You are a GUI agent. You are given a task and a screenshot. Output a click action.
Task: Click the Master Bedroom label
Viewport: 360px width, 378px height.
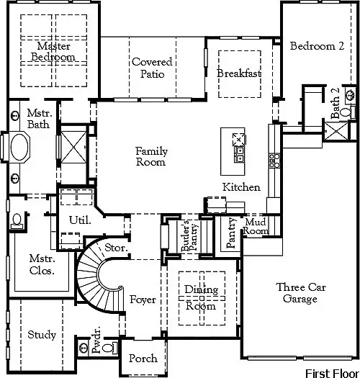pos(58,51)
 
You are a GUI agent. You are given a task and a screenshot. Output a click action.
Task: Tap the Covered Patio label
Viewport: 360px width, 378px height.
pos(152,68)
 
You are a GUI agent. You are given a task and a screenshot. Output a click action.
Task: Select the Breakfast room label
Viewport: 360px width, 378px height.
pos(238,73)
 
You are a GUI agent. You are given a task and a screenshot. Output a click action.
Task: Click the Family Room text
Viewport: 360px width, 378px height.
pos(152,156)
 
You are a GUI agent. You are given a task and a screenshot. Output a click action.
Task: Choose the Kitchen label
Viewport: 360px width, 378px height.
pos(240,187)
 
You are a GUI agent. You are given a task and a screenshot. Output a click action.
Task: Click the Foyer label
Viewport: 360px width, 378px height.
pos(143,300)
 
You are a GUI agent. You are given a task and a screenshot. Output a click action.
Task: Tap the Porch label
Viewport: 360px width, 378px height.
pos(143,358)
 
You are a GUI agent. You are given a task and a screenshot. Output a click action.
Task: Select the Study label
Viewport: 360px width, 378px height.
pos(42,335)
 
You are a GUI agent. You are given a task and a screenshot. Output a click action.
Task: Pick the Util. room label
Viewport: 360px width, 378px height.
pos(79,220)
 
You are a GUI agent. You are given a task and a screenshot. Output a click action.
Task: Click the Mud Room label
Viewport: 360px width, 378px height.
pos(255,227)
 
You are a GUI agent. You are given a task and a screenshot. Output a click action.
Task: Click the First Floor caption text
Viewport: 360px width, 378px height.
pos(330,373)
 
